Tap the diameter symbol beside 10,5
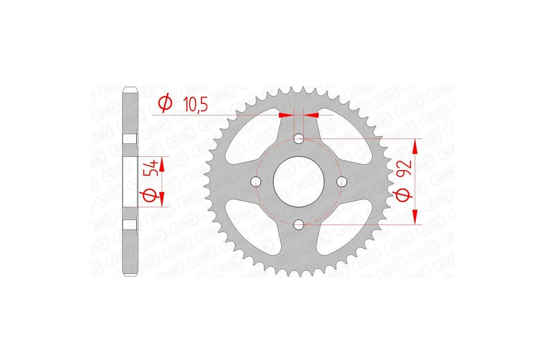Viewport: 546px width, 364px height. (165, 104)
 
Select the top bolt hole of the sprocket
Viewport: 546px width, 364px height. (299, 138)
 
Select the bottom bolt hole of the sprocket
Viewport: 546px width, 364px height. (299, 224)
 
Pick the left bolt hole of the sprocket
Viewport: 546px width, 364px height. (256, 182)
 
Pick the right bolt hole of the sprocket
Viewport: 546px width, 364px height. (342, 182)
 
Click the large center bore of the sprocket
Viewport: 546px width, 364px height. (299, 182)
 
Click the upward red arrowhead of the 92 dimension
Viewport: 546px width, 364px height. (415, 147)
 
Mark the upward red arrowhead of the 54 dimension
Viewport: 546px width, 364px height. (161, 164)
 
